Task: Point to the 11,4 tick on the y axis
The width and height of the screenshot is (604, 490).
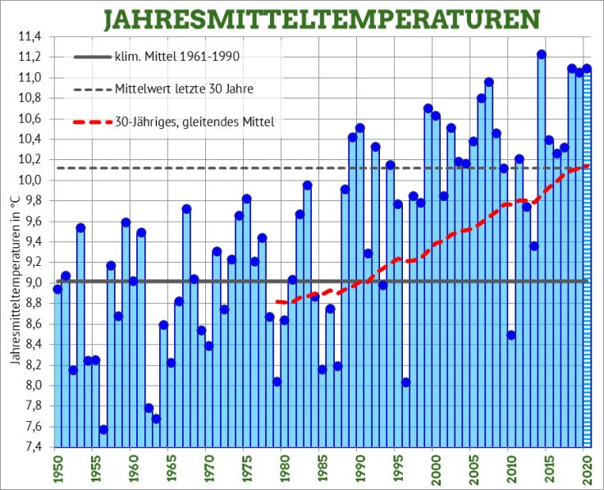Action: pyautogui.click(x=30, y=37)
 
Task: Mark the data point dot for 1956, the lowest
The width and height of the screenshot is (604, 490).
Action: pyautogui.click(x=103, y=429)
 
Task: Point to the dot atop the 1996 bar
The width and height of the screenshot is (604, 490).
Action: pyautogui.click(x=405, y=382)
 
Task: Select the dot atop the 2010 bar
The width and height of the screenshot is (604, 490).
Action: pyautogui.click(x=511, y=335)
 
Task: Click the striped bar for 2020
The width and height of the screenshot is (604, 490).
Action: pyautogui.click(x=587, y=263)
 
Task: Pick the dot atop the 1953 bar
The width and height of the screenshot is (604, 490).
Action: pyautogui.click(x=80, y=227)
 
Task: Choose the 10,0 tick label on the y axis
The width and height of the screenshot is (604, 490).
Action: pyautogui.click(x=30, y=181)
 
